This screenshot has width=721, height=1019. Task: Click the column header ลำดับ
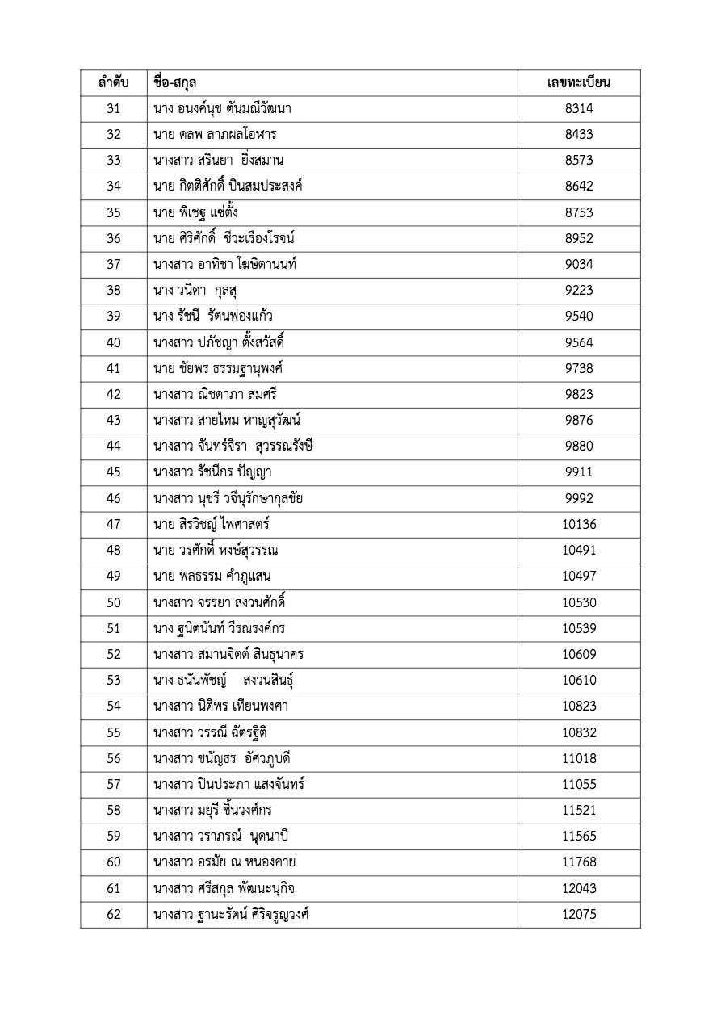point(113,83)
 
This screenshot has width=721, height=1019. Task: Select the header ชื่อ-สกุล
point(175,83)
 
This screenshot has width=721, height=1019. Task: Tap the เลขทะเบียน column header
point(579,83)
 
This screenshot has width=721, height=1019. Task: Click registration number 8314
point(579,109)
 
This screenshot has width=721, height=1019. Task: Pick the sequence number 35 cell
point(113,212)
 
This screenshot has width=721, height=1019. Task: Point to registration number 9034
point(579,264)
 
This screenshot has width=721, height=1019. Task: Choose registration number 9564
point(579,342)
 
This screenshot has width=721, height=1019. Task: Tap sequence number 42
point(113,394)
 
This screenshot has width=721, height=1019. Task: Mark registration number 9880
point(579,446)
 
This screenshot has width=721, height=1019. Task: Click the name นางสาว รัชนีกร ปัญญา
point(217,472)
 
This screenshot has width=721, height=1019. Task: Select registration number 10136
point(579,524)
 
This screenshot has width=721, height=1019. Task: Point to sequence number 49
point(113,576)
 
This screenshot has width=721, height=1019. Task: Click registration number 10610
point(579,680)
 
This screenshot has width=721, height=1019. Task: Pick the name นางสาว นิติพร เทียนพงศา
point(220,706)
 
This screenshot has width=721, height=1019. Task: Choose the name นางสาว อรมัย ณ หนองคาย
point(224,862)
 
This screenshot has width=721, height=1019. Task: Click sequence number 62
point(113,914)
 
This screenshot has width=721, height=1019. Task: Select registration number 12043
point(579,888)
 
